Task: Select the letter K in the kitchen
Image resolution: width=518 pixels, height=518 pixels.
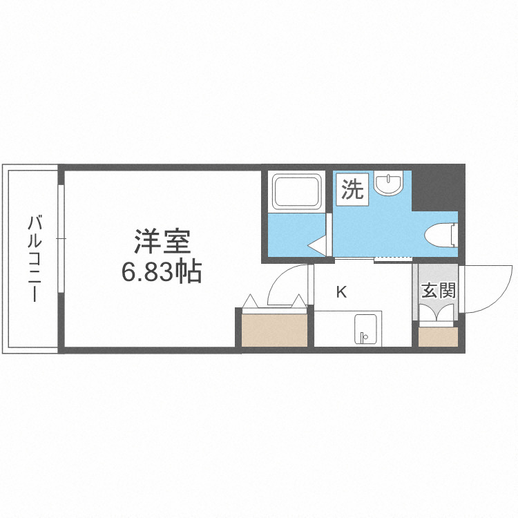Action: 341,292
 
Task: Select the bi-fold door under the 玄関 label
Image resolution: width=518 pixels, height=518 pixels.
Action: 437,314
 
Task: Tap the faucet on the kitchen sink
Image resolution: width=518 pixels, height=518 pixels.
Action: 364,337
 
